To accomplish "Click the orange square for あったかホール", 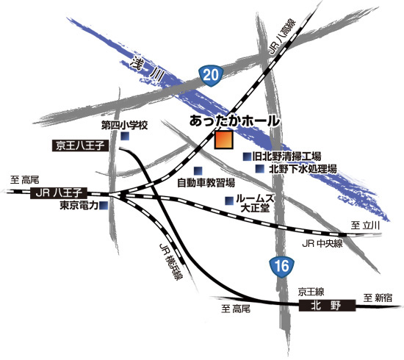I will coord(223,140).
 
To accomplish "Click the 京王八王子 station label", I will coord(81,146).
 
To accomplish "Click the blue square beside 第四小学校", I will coord(126,137).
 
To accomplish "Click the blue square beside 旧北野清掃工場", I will coord(247,156).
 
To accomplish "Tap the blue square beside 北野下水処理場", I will coord(259,169).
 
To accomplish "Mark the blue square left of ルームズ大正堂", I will coord(229,200).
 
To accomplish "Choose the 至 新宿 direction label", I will coord(378,298).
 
